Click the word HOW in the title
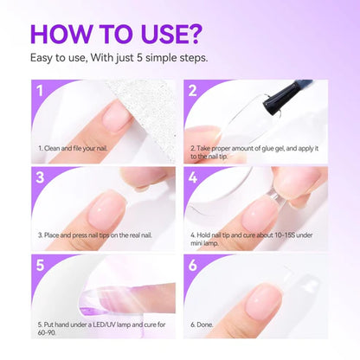pos(67,35)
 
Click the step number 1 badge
pos(39,91)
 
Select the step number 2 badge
pos(193,91)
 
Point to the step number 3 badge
pos(39,178)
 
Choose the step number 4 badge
pos(193,178)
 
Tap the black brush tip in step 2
pos(303,87)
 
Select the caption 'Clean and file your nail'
pos(77,148)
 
